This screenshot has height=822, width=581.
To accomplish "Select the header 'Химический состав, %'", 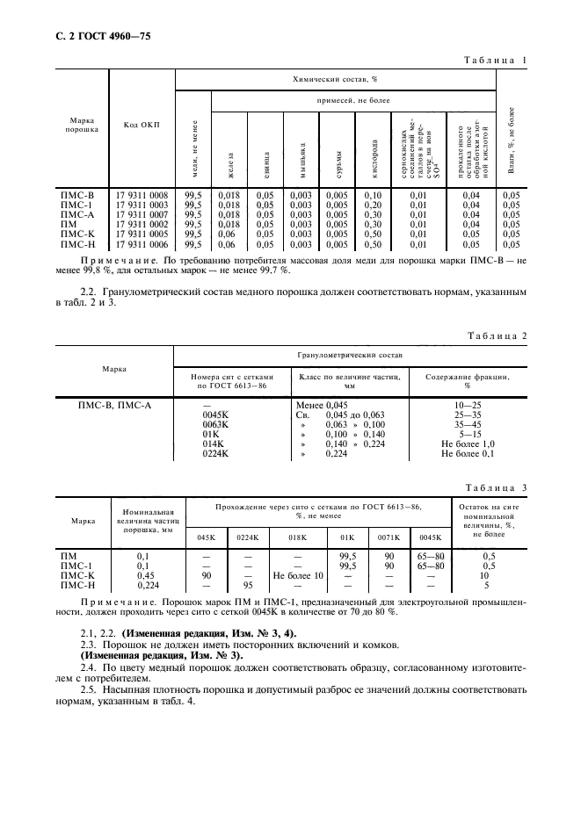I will coord(335,78).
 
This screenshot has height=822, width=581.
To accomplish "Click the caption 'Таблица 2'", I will coord(499,336).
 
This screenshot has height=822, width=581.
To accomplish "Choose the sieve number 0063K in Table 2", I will coord(215,423).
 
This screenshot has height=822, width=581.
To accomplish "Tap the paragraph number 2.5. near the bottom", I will coord(91,690).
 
